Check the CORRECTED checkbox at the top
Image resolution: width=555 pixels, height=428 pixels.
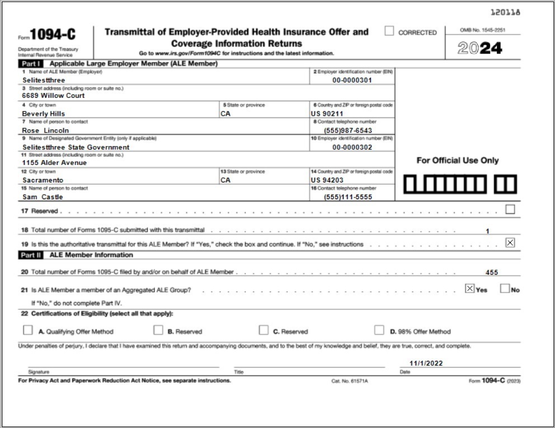point(389,31)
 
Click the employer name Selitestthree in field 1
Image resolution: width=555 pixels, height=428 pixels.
point(44,80)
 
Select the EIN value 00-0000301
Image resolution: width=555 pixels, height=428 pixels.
point(352,80)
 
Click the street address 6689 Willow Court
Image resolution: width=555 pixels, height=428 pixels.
point(53,96)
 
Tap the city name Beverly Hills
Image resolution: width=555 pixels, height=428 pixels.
point(43,114)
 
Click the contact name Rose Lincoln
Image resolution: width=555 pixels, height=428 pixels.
point(46,130)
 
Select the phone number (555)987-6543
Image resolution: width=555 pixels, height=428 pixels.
point(347,130)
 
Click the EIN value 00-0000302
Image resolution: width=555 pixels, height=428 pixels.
point(352,147)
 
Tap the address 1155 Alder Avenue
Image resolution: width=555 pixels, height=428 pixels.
point(54,163)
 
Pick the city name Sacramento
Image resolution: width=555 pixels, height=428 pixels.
point(43,180)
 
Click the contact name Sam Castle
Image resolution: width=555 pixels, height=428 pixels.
point(43,197)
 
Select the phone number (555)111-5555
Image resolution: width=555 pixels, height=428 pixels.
point(347,197)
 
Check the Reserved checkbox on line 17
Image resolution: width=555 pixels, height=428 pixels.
point(510,210)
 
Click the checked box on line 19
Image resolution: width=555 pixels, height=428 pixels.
point(510,243)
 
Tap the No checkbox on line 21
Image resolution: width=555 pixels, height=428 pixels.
point(505,289)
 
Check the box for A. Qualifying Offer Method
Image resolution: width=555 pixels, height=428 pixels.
point(28,330)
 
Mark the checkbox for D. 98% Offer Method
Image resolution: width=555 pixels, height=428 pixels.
point(379,330)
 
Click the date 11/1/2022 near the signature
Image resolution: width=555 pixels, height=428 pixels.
point(426,363)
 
